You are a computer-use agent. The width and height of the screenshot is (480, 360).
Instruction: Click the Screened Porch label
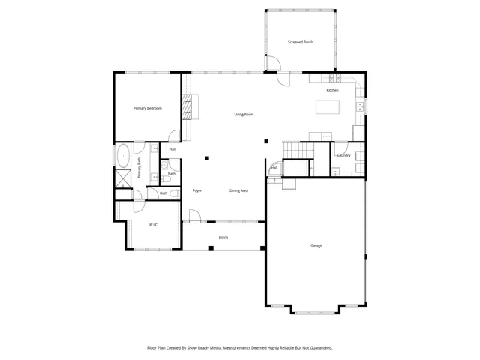(x=301, y=42)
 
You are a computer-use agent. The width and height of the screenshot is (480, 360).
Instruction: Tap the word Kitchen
(x=332, y=90)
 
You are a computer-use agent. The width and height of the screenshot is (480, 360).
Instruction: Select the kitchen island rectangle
(x=328, y=107)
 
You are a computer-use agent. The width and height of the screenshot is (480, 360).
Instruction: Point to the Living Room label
(x=244, y=114)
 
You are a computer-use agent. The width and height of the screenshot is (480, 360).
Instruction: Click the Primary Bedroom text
(x=148, y=109)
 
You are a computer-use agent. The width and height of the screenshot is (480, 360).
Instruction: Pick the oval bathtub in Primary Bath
(x=122, y=157)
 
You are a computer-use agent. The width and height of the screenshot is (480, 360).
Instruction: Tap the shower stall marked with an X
(x=121, y=179)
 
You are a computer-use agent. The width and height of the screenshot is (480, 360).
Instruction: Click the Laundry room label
(x=344, y=155)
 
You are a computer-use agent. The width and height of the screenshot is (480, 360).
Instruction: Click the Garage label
(x=316, y=245)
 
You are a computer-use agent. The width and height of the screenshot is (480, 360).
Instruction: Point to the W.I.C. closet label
(x=153, y=224)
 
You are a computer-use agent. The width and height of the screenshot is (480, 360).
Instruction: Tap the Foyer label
(x=197, y=191)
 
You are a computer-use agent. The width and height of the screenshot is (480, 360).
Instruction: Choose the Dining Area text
(x=238, y=191)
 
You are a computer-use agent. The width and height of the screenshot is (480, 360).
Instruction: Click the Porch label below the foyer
(x=223, y=238)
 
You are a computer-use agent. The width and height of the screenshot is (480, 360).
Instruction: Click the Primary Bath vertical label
(x=139, y=167)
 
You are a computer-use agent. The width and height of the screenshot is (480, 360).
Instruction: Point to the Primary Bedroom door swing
(x=174, y=136)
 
